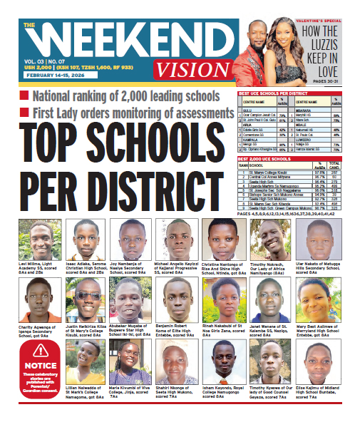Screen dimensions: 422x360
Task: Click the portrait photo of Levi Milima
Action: tap(40, 240)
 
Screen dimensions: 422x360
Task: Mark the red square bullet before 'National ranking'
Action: tap(24, 95)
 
